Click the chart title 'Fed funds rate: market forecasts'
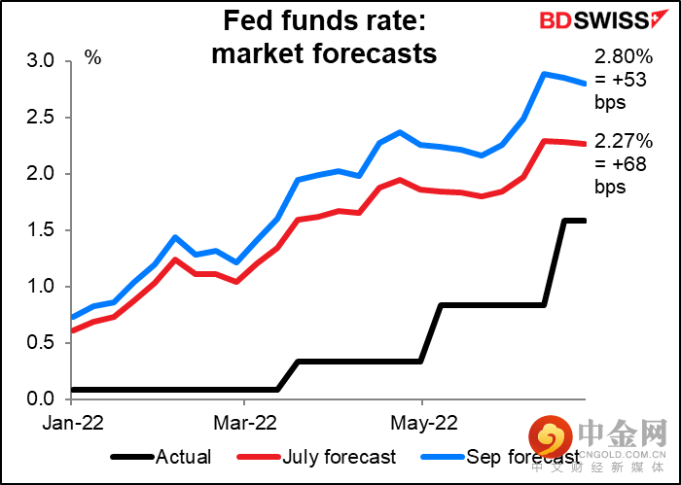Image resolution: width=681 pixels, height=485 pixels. point(325,38)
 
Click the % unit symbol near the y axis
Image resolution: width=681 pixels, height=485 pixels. point(92,57)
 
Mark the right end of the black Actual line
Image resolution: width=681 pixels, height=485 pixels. point(585,221)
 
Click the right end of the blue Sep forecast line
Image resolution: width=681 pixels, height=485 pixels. point(585,84)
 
